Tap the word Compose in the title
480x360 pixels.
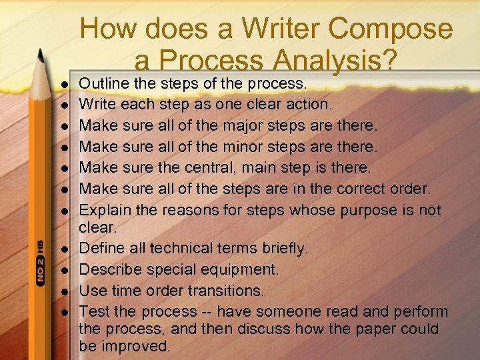tap(391, 29)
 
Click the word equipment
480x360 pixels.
tap(239, 270)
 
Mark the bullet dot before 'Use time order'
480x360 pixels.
tap(66, 292)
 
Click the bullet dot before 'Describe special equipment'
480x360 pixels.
tap(66, 271)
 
